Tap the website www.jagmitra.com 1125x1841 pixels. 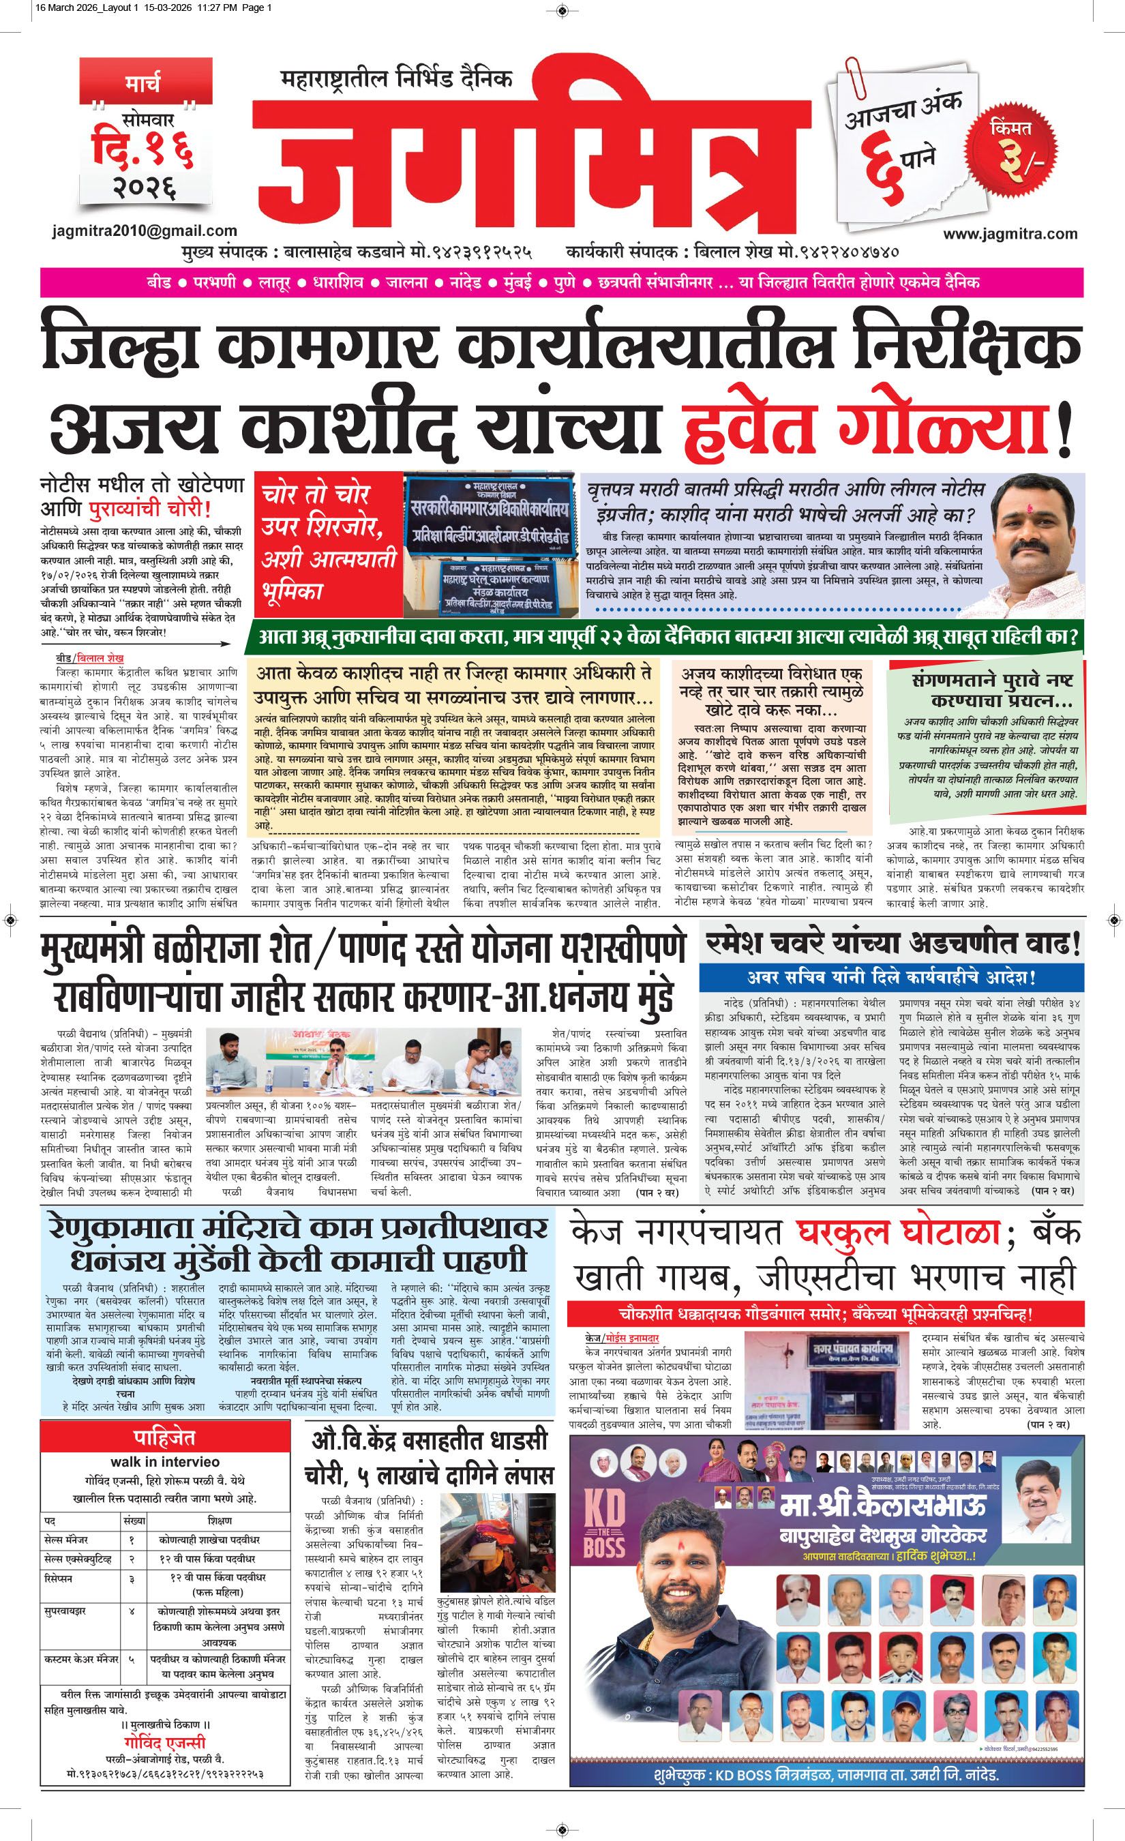point(1010,234)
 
